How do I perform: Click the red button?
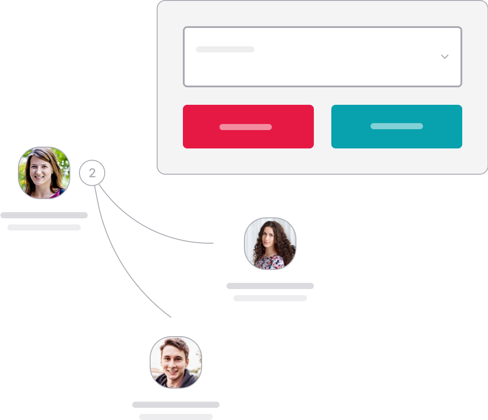248,127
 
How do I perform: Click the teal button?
396,127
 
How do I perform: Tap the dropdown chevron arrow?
445,57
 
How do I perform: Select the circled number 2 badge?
92,173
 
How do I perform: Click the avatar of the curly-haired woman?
270,244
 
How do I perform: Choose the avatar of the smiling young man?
176,362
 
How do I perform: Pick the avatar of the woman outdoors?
44,173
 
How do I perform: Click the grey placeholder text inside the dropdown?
225,49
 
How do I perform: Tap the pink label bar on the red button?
246,127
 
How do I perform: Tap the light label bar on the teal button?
396,126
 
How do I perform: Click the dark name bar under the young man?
176,405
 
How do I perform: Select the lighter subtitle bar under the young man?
176,417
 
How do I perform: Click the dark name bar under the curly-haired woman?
270,286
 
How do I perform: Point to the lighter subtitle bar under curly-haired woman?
270,298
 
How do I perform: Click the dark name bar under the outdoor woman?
44,215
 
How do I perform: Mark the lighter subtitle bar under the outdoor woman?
44,227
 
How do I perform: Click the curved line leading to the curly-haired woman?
146,227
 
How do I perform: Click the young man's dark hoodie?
176,380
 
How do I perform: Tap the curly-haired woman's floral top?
269,262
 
